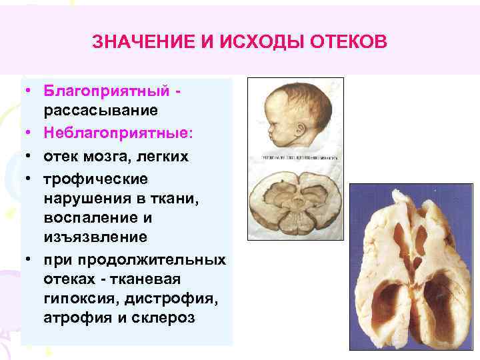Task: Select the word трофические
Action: (95, 179)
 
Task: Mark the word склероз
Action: (165, 317)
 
